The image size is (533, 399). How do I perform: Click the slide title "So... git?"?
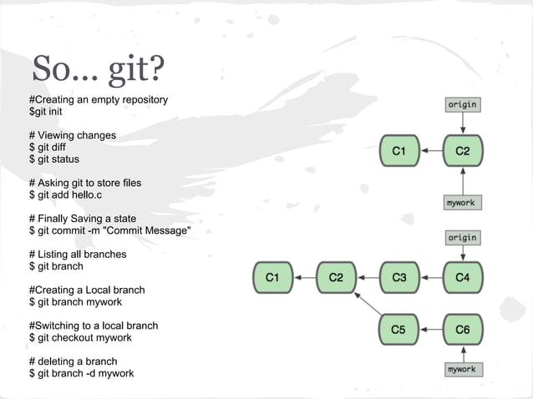97,70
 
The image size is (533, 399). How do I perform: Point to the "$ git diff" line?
48,147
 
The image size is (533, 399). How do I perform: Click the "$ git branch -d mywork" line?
81,373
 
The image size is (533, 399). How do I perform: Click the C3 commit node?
399,276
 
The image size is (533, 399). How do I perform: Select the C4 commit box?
462,276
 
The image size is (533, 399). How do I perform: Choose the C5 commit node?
399,329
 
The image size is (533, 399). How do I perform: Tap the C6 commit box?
462,329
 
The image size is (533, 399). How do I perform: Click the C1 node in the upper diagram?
399,151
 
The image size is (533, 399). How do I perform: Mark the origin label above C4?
462,237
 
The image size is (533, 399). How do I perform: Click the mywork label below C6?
462,369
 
